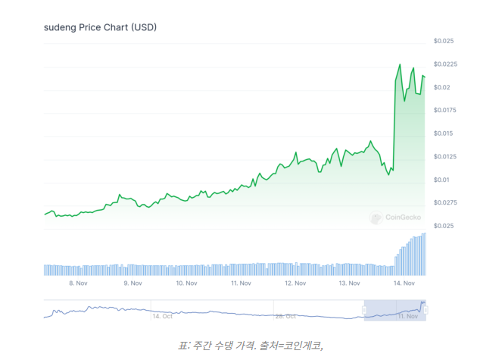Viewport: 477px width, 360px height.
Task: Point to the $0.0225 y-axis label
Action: [x=445, y=64]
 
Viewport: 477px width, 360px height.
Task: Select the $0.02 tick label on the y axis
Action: [x=442, y=87]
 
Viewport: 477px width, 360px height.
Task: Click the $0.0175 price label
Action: [x=445, y=111]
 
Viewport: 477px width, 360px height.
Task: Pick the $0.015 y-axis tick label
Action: [x=444, y=133]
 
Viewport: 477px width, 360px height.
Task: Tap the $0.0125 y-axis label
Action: [x=445, y=157]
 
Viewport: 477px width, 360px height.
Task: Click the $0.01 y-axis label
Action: [x=442, y=180]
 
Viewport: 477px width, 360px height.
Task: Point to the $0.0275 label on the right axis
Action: [x=445, y=203]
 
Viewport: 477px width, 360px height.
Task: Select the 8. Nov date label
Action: [x=79, y=283]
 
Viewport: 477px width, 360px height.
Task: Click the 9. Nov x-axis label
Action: [x=132, y=283]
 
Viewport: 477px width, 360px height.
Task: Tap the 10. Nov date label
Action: [x=186, y=283]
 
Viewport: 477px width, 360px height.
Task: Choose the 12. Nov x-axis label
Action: [x=295, y=283]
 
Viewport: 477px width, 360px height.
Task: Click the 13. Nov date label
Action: [x=349, y=283]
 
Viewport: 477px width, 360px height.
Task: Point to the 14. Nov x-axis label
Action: [x=403, y=283]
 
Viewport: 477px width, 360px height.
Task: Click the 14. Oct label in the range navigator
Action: [x=162, y=315]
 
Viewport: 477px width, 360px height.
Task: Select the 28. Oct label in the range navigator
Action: [x=285, y=315]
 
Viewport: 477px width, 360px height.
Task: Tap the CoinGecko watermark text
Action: [x=404, y=218]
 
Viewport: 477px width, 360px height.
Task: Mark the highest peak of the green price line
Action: [x=399, y=64]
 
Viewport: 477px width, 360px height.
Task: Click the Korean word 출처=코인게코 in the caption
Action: [x=291, y=346]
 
